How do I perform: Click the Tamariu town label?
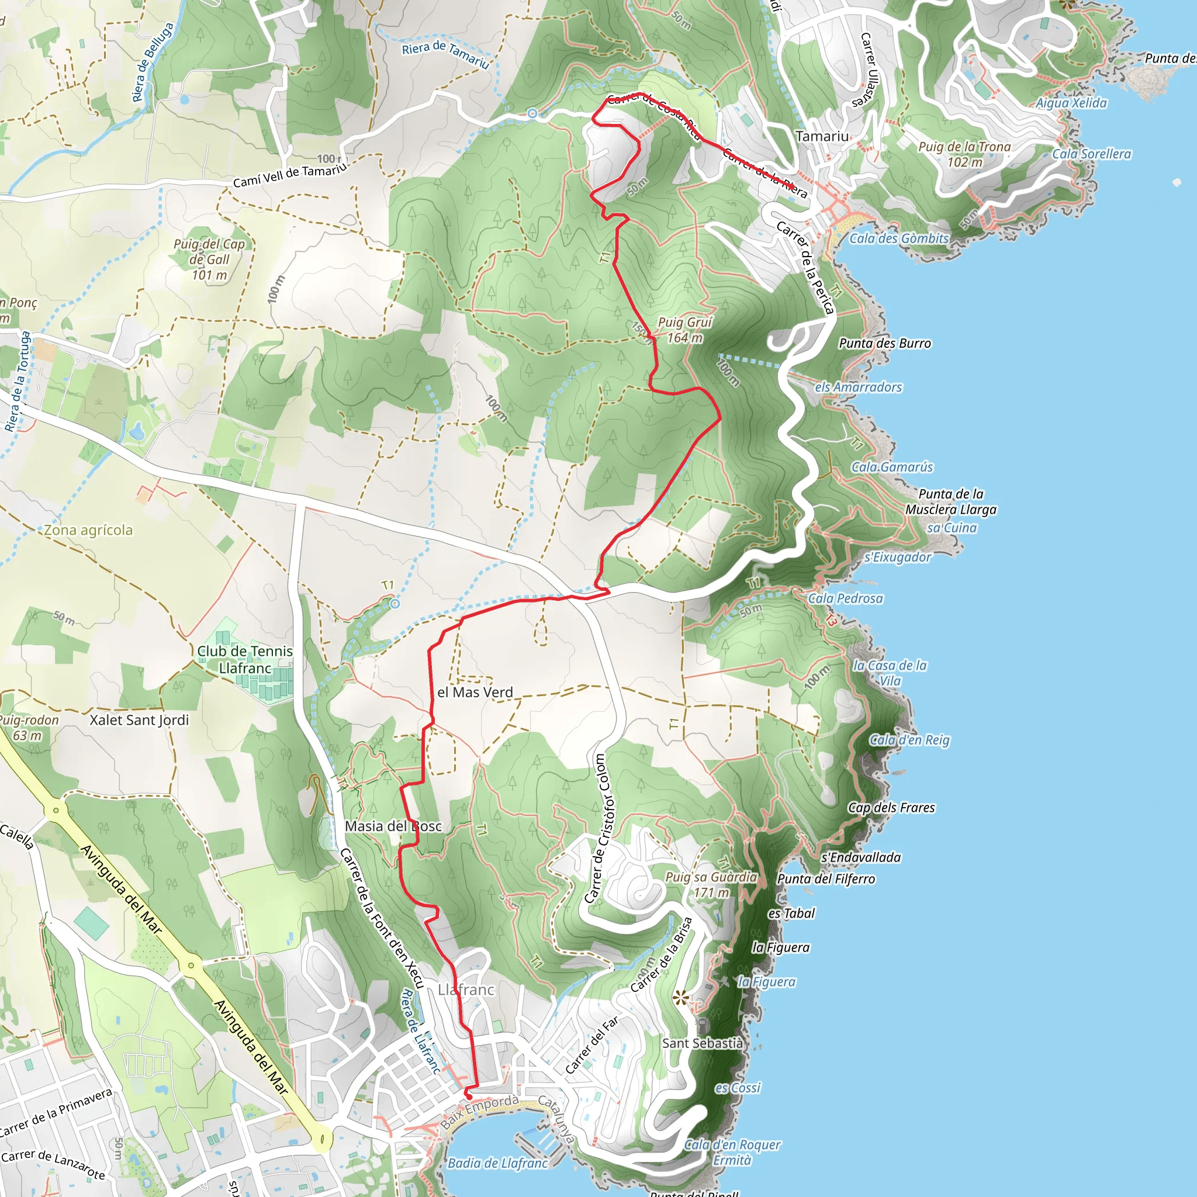point(822,136)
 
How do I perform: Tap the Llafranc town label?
point(465,990)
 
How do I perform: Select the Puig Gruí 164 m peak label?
point(684,330)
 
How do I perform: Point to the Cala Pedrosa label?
point(845,598)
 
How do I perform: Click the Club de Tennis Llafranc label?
point(245,660)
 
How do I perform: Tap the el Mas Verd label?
point(475,693)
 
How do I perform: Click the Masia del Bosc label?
point(393,826)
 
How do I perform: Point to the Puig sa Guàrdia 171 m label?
point(711,885)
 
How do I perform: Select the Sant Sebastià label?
point(702,1043)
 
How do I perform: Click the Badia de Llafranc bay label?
point(497,1163)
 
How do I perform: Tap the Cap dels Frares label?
point(891,808)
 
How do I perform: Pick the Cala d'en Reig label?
point(909,740)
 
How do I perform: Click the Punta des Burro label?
point(884,343)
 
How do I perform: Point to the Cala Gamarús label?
point(891,467)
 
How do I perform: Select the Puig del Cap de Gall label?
point(209,260)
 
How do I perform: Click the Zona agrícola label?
point(88,530)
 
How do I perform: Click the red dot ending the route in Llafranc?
point(468,1097)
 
